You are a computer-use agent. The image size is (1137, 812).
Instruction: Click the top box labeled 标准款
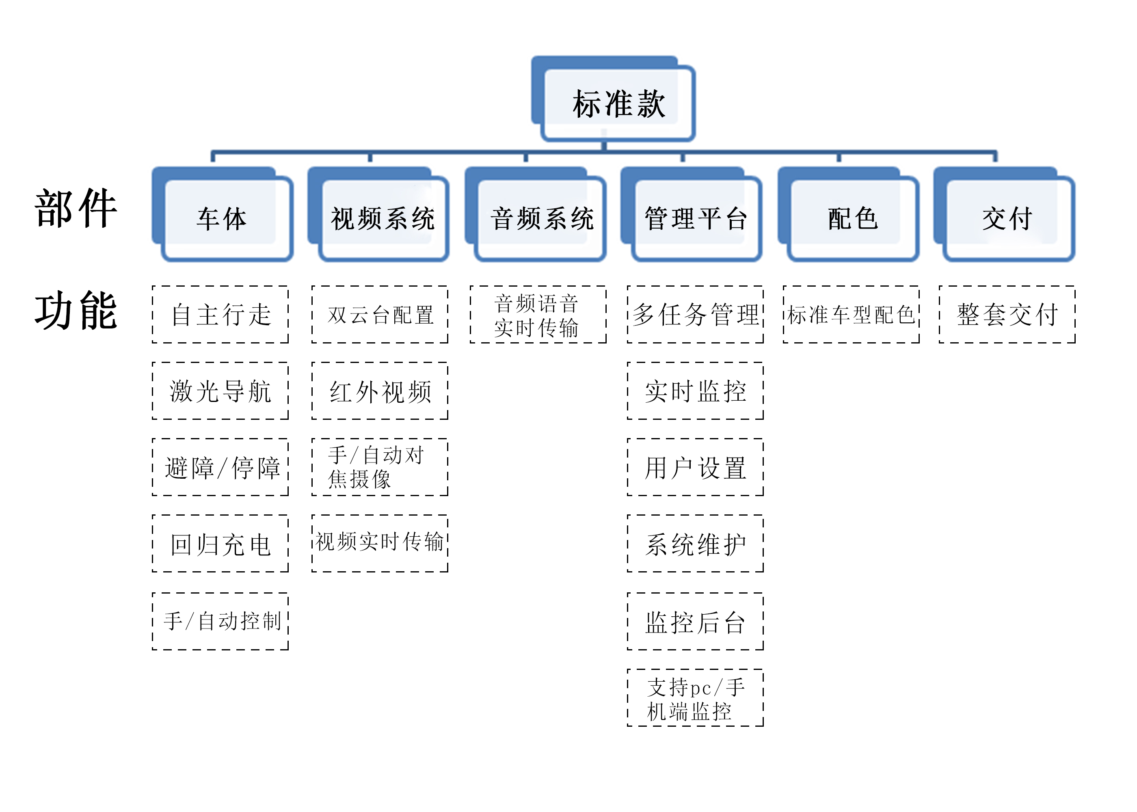point(618,103)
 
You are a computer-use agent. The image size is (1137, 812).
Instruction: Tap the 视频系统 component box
point(383,218)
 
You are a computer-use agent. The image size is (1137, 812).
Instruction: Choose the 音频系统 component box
point(542,218)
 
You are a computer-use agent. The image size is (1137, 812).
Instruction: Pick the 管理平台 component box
point(696,218)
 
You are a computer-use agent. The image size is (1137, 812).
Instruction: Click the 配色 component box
point(852,218)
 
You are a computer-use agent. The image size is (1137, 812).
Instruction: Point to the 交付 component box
point(1007,218)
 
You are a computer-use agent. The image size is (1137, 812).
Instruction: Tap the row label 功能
point(76,311)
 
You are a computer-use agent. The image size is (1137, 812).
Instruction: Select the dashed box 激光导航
point(220,391)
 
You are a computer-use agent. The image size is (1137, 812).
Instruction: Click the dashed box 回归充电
point(220,544)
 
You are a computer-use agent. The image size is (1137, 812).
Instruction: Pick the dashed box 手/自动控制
point(220,621)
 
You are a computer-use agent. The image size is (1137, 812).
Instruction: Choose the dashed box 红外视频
point(380,391)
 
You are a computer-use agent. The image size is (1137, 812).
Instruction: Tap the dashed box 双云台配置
point(380,315)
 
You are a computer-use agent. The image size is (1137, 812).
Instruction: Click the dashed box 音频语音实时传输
point(538,315)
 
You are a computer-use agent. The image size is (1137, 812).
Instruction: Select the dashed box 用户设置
point(695,467)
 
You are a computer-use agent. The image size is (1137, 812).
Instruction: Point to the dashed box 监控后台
point(695,621)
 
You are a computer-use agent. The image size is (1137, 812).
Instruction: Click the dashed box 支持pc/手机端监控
point(695,698)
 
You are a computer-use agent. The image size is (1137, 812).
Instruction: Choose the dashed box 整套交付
point(1007,315)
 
